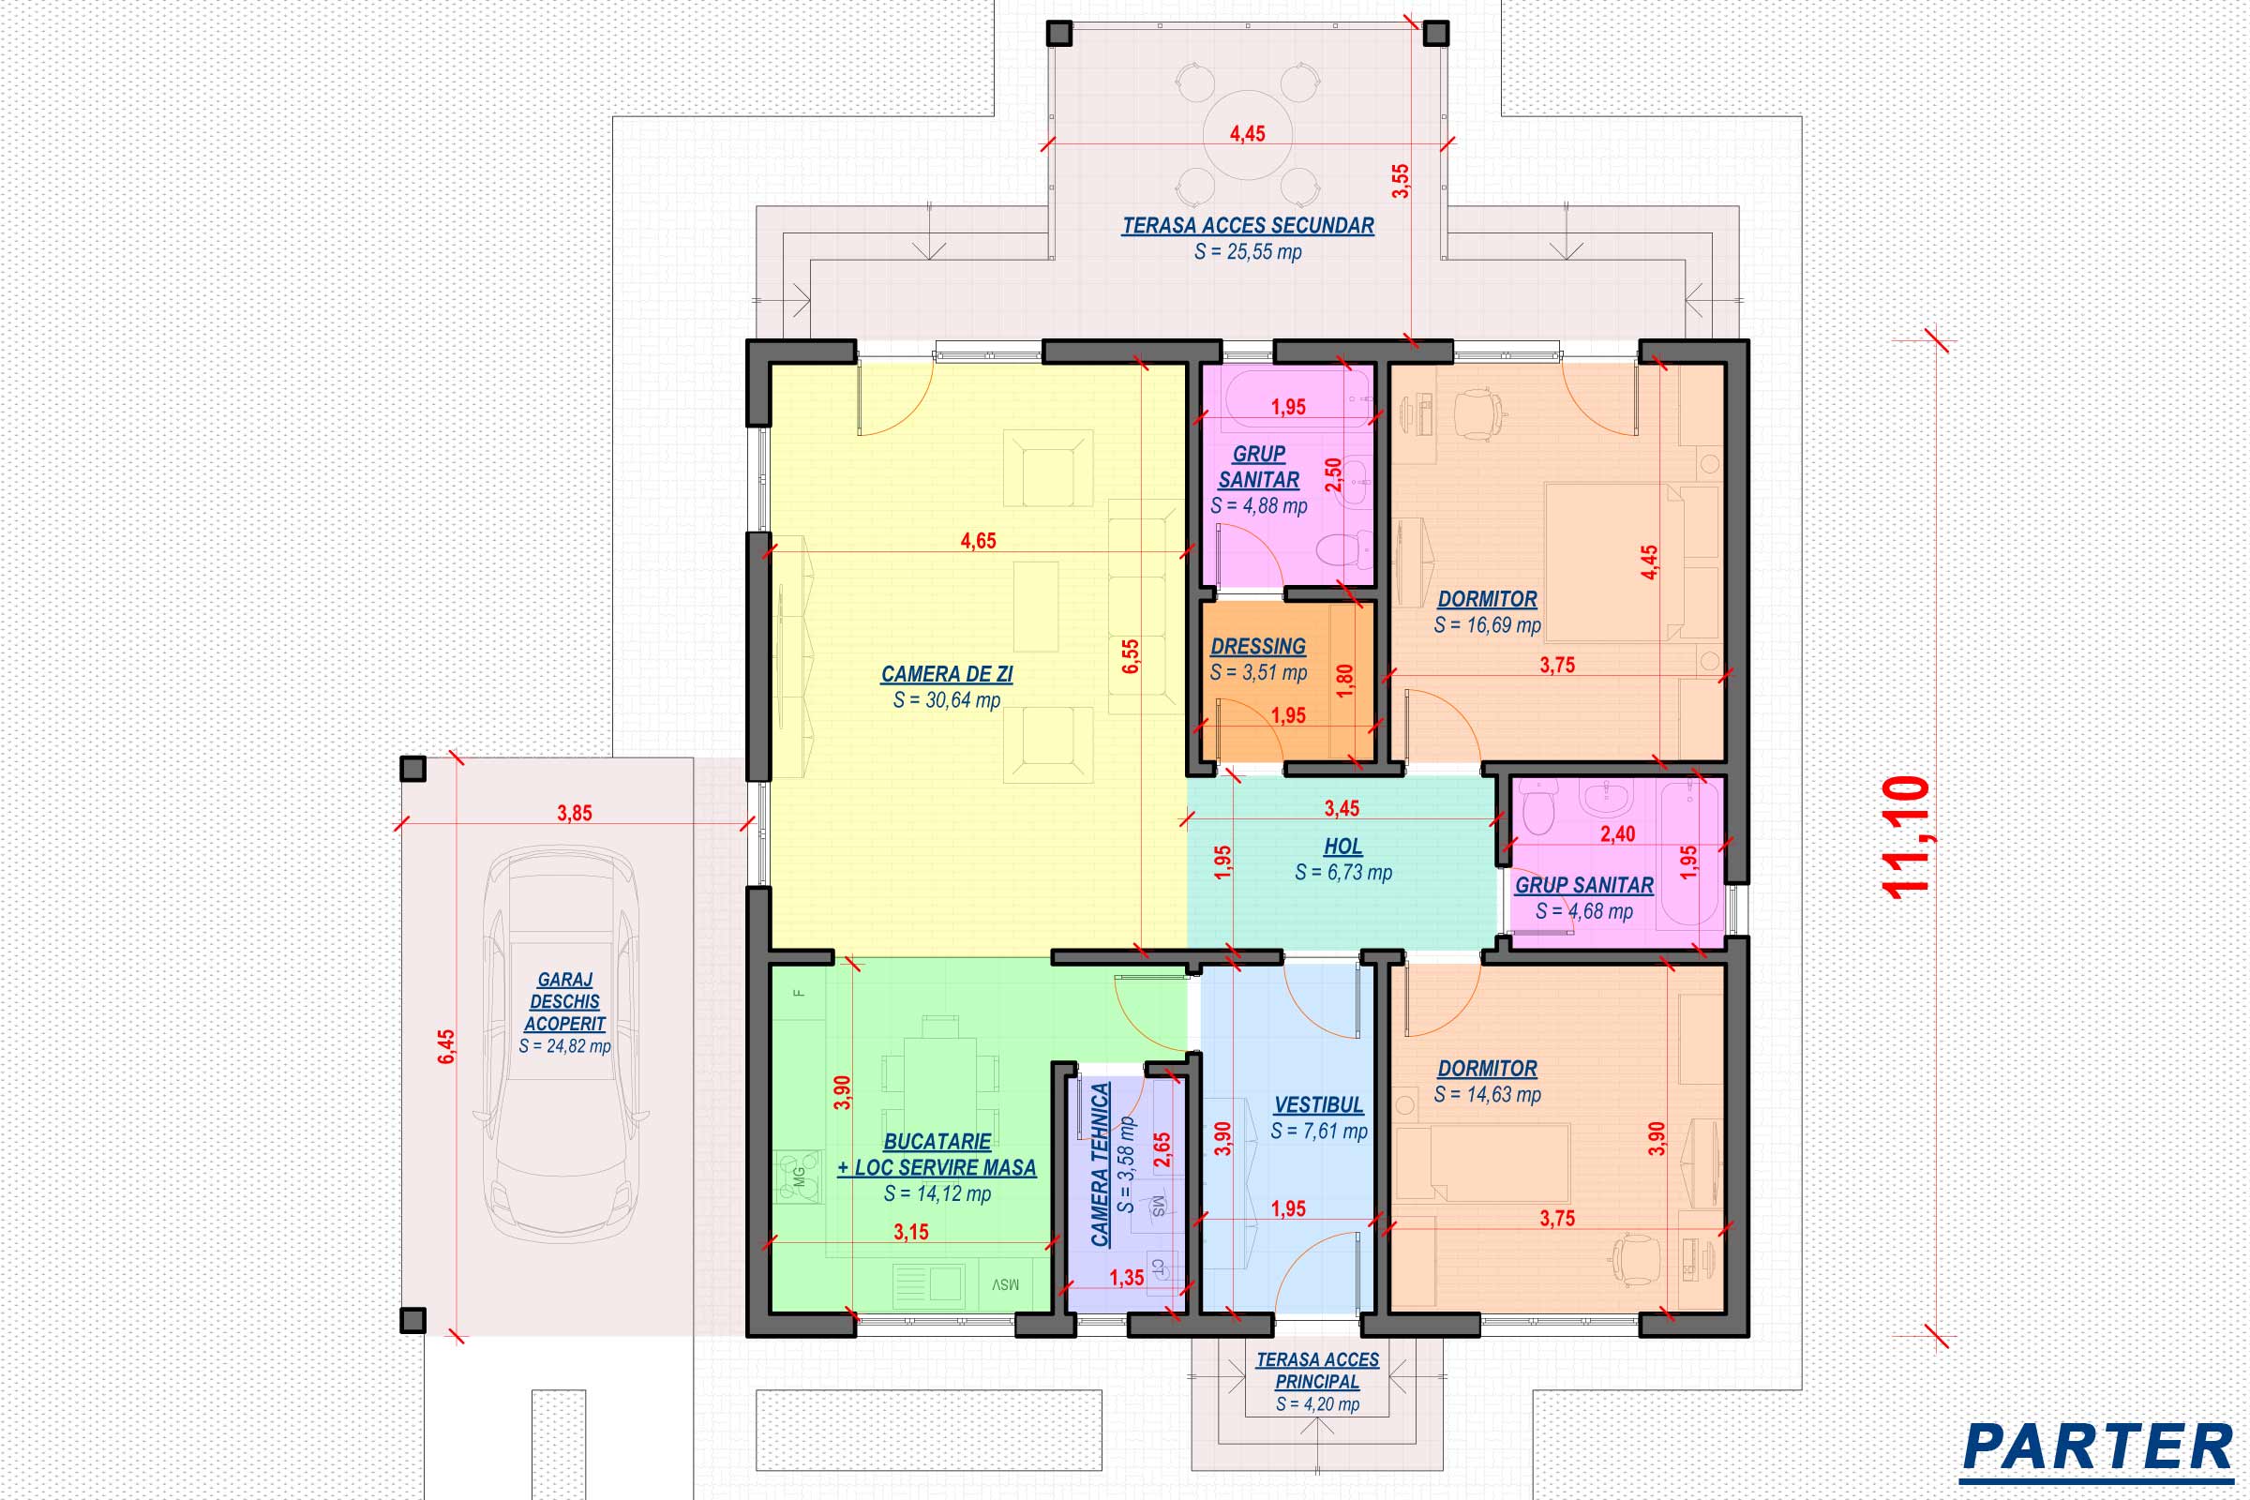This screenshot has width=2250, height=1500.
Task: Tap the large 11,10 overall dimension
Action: pos(1905,838)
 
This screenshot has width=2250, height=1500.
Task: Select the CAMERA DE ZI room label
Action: pos(946,674)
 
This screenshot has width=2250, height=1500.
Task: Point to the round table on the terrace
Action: pos(1247,136)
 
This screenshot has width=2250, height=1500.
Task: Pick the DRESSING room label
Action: pos(1258,647)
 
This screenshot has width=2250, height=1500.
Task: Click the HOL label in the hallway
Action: pos(1343,847)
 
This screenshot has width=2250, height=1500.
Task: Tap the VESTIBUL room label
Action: pos(1318,1105)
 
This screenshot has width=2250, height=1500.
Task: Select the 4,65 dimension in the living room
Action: pos(978,541)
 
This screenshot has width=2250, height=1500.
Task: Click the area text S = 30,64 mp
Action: pos(946,700)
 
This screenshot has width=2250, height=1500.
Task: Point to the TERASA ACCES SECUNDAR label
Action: pos(1248,226)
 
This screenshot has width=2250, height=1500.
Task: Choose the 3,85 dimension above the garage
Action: pos(574,813)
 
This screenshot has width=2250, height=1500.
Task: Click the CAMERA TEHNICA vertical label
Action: pos(1100,1164)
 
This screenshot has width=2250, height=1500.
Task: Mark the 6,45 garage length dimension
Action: pos(446,1046)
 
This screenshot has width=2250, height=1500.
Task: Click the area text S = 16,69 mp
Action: pos(1487,625)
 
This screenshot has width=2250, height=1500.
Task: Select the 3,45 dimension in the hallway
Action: pos(1342,808)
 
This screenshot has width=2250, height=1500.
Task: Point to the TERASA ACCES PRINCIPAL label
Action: pos(1317,1370)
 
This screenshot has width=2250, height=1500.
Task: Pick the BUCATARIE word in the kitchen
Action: pos(937,1142)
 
